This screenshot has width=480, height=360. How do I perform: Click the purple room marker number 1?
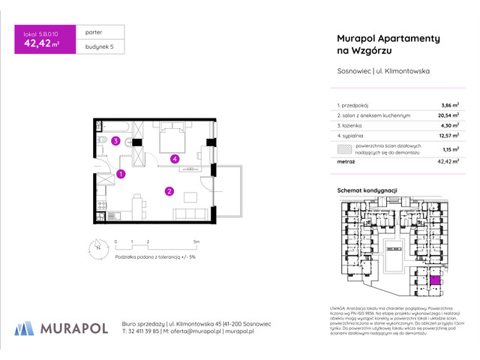point(121,174)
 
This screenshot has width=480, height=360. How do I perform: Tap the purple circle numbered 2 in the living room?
point(170,191)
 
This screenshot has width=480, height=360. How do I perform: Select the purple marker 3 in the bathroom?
point(115,140)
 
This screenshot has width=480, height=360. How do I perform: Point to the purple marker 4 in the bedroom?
point(174,158)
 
